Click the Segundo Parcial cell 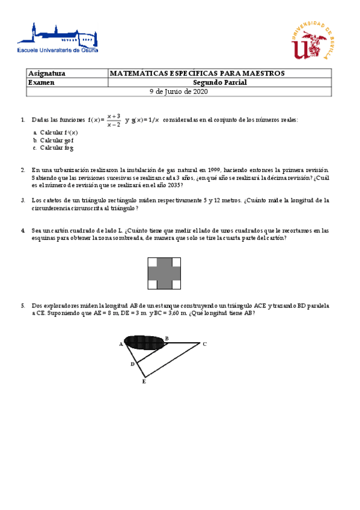(220, 82)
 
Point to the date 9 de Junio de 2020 (178, 91)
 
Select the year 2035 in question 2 (172, 186)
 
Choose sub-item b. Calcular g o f (55, 140)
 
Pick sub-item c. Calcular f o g (55, 147)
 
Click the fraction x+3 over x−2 (114, 120)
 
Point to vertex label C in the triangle (204, 344)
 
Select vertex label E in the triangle (144, 381)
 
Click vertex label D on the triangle (132, 364)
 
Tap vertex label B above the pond (166, 338)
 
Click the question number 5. (23, 306)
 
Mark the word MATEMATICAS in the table (136, 73)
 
